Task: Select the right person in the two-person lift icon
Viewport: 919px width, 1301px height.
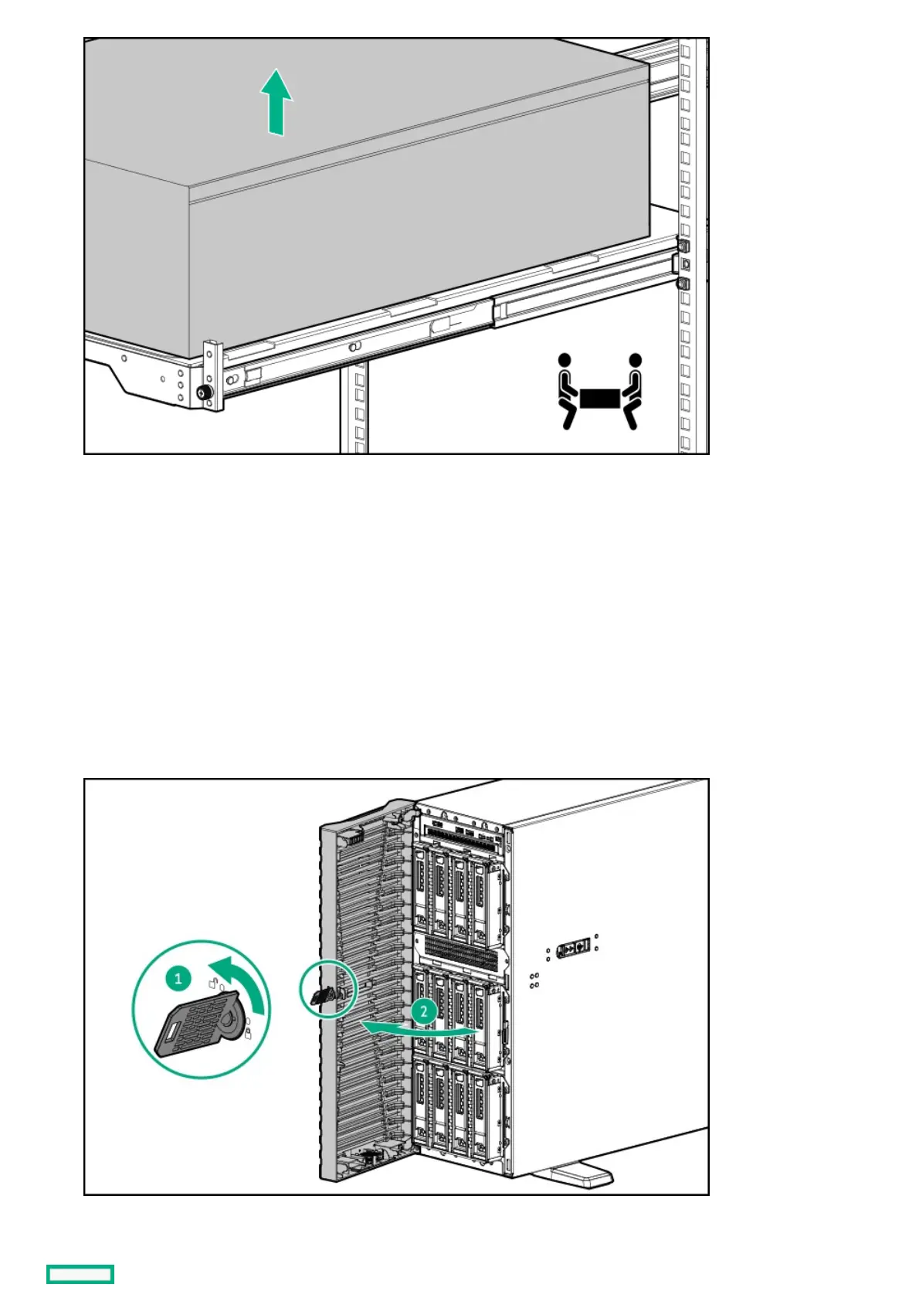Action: [x=632, y=390]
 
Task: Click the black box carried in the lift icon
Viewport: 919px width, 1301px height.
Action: [x=600, y=398]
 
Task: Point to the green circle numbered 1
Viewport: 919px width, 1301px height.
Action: [x=178, y=979]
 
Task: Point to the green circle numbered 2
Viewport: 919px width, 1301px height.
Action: [x=423, y=1011]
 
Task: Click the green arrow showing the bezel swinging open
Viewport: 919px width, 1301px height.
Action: [x=417, y=1028]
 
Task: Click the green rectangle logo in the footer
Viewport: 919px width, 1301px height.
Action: [x=80, y=1274]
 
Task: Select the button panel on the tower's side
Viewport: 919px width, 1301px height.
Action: [x=574, y=946]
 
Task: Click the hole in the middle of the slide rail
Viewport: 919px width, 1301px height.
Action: [x=354, y=348]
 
